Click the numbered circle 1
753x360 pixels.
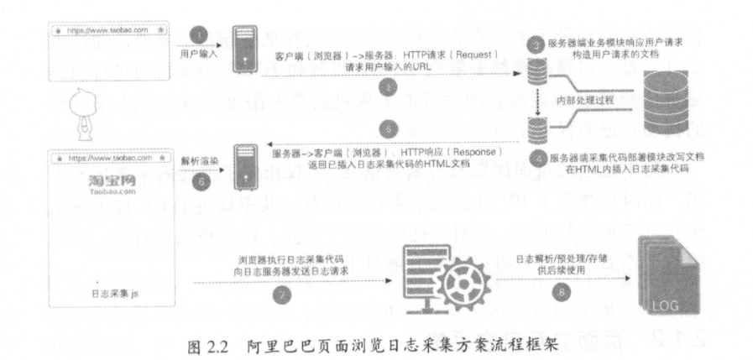199,34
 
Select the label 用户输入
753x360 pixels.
199,53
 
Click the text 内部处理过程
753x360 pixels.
583,101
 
